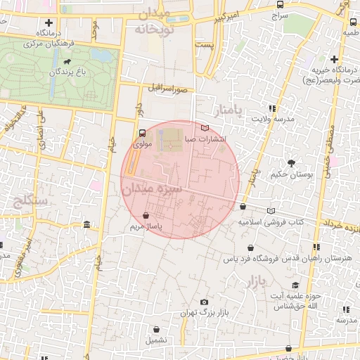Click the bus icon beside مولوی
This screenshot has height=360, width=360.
pyautogui.click(x=143, y=132)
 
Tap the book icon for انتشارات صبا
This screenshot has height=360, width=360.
pyautogui.click(x=205, y=128)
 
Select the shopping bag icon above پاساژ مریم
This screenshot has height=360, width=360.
pyautogui.click(x=146, y=216)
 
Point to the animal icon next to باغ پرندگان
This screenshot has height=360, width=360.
pyautogui.click(x=66, y=71)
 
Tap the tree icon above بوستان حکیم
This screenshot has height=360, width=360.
pyautogui.click(x=291, y=162)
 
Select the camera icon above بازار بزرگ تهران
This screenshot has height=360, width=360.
pyautogui.click(x=205, y=301)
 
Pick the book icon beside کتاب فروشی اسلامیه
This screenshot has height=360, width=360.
pyautogui.click(x=271, y=210)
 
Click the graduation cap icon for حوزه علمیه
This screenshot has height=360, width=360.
pyautogui.click(x=295, y=285)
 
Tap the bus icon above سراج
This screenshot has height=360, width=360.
pyautogui.click(x=280, y=4)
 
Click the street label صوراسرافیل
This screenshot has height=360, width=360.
pyautogui.click(x=168, y=89)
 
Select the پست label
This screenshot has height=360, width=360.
pyautogui.click(x=205, y=45)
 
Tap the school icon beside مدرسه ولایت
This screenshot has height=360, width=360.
pyautogui.click(x=272, y=108)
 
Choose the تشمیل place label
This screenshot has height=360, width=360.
pyautogui.click(x=157, y=340)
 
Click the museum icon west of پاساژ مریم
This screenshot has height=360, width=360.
pyautogui.click(x=86, y=225)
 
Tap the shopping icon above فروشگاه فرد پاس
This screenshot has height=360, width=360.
pyautogui.click(x=251, y=247)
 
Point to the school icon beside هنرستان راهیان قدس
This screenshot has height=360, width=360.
pyautogui.click(x=317, y=247)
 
